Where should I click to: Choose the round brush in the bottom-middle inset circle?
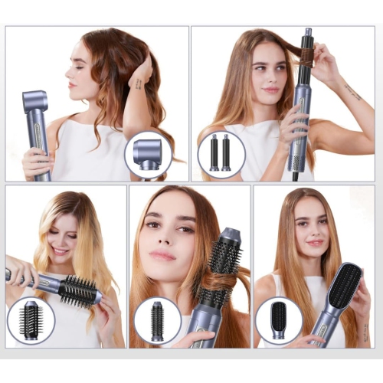[157, 320]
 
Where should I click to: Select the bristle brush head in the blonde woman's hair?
[78, 290]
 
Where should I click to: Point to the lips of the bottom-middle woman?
[162, 255]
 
